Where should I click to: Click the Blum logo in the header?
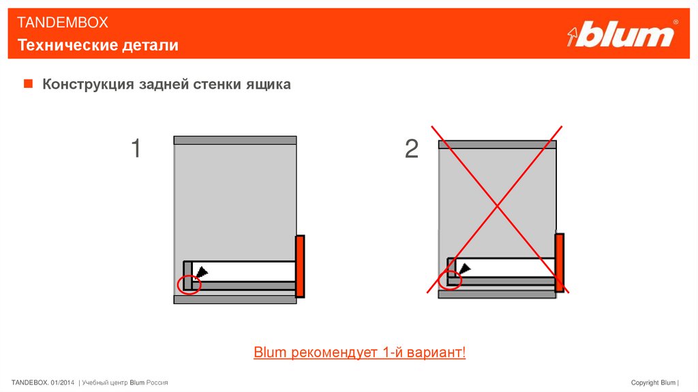622,33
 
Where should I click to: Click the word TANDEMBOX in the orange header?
62,22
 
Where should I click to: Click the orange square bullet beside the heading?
28,83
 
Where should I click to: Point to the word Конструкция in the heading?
88,84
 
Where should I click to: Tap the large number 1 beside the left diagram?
136,148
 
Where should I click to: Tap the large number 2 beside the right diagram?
412,149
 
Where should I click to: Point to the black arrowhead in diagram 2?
465,269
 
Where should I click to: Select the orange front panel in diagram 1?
300,267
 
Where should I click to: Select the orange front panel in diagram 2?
560,262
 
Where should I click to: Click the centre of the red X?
497,207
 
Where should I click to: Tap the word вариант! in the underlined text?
437,352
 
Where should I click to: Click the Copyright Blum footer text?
653,382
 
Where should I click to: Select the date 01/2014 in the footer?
62,382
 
